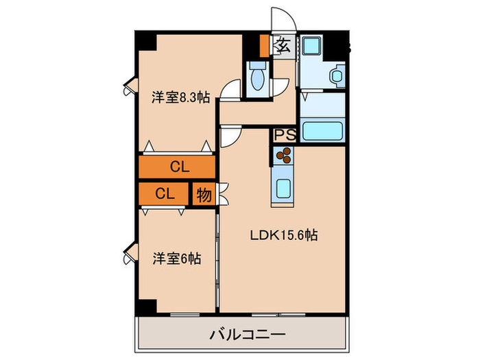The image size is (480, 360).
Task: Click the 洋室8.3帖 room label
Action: click(180, 97)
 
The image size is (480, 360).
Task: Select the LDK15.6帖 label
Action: click(283, 235)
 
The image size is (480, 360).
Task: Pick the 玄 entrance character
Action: click(282, 46)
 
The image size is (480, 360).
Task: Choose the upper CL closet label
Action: click(180, 167)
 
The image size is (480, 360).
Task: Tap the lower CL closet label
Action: click(164, 193)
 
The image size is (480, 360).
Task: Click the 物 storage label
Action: click(204, 194)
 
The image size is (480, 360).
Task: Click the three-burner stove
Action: click(284, 158)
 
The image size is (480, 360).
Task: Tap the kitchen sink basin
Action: click(284, 186)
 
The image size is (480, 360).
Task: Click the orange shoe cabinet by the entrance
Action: click(265, 45)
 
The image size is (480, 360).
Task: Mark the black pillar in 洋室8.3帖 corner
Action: click(145, 40)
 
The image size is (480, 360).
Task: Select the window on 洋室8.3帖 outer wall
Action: click(130, 88)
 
